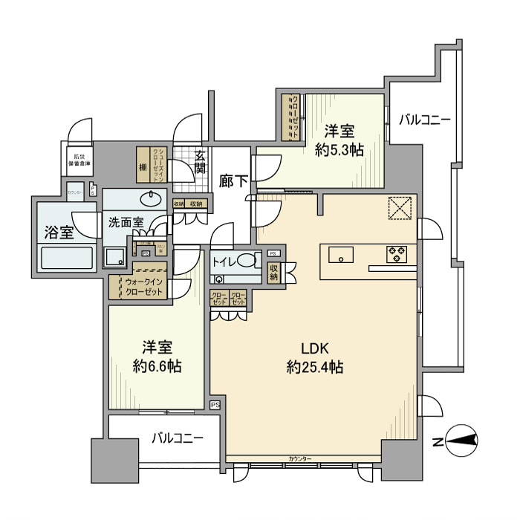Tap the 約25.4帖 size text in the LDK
[314, 366]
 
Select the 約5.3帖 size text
[339, 149]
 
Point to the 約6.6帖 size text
[157, 365]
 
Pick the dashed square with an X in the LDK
[401, 209]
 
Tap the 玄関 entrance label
[200, 163]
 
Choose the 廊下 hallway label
[234, 181]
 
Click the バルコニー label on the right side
[423, 119]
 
